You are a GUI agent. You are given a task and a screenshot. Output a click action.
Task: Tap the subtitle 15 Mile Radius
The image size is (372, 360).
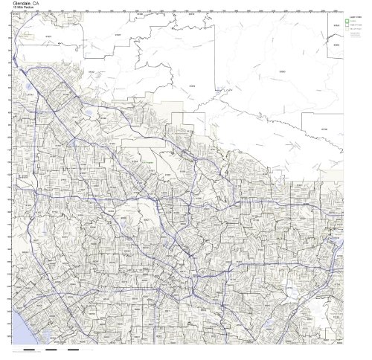coord(19,8)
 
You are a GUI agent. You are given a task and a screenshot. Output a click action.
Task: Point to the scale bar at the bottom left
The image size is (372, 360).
coord(52,349)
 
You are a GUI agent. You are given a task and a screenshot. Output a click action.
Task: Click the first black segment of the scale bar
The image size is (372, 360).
coord(29,349)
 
